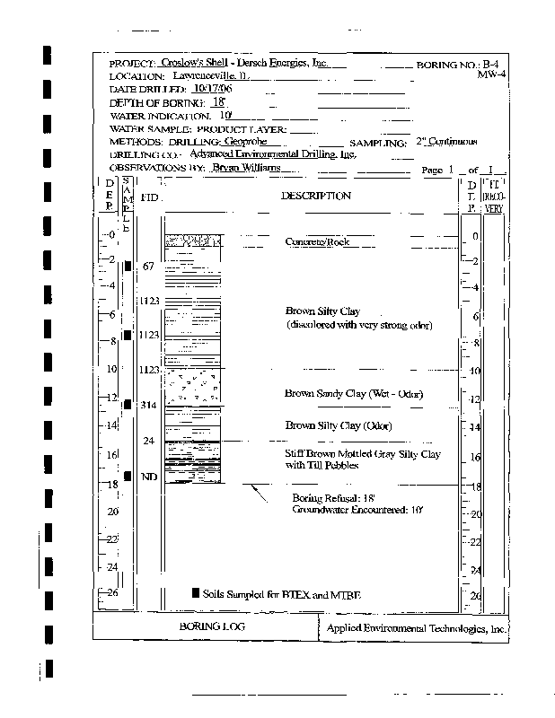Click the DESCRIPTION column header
(x=316, y=196)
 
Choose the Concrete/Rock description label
(x=316, y=242)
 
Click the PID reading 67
(x=149, y=267)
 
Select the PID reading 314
(x=149, y=406)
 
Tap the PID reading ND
(x=149, y=477)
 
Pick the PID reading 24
(x=149, y=441)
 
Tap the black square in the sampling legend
(x=195, y=593)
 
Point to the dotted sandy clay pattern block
(x=195, y=386)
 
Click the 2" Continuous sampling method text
(x=446, y=142)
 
